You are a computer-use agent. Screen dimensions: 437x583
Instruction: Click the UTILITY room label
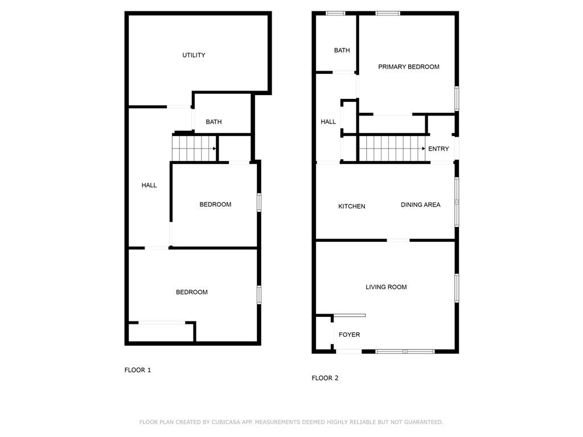tap(194, 55)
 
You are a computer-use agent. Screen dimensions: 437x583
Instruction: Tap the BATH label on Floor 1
tap(214, 122)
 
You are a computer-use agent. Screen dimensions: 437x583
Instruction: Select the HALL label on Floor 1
tap(149, 185)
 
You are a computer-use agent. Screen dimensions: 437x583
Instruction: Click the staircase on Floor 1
tap(194, 149)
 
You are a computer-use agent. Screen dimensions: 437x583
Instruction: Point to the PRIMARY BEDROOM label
tap(409, 67)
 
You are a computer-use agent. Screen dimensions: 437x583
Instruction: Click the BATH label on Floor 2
tap(342, 50)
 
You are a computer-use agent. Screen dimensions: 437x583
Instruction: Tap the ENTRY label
tap(438, 149)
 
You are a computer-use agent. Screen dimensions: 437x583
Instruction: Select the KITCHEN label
tap(352, 206)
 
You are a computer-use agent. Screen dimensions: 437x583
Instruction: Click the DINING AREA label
tap(420, 205)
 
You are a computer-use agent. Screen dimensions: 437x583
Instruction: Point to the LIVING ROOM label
tap(386, 287)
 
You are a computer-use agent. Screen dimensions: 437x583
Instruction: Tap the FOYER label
tap(349, 335)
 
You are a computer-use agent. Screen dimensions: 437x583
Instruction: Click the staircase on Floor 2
tap(392, 149)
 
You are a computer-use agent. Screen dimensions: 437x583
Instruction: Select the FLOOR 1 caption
tap(138, 370)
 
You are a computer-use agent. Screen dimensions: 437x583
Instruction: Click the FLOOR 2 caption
tap(325, 378)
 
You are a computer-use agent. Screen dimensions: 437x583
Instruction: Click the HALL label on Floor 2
tap(329, 121)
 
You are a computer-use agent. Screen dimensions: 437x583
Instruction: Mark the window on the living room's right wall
tap(457, 288)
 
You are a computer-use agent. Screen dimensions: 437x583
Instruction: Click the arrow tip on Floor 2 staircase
tap(424, 149)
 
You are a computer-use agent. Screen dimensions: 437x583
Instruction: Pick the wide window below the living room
tap(405, 351)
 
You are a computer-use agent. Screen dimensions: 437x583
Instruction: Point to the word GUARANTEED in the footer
tap(422, 422)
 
